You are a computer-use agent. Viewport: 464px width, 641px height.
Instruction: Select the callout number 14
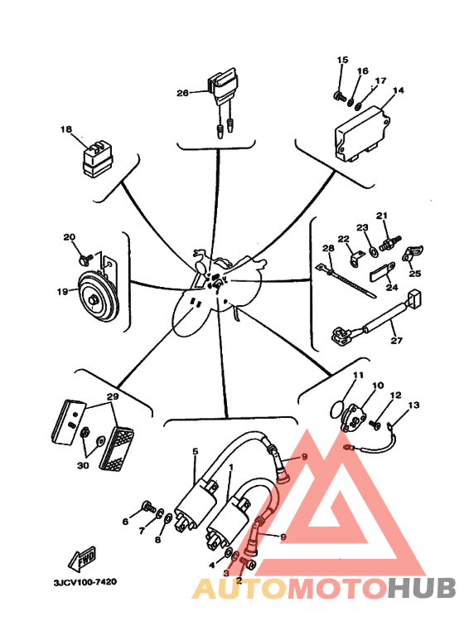coord(398,90)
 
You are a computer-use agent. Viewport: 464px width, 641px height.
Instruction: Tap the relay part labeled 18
coord(98,159)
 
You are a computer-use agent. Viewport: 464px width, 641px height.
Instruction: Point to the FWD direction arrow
coord(83,558)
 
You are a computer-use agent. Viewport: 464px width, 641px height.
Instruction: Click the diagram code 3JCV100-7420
coord(85,581)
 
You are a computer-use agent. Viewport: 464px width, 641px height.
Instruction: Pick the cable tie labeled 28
coord(346,279)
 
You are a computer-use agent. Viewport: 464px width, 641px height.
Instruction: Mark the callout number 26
coord(182,93)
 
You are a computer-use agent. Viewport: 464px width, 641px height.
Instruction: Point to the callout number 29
coord(113,396)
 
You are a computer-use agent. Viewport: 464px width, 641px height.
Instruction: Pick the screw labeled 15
coord(340,97)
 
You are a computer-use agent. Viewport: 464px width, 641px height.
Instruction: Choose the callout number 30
coord(83,465)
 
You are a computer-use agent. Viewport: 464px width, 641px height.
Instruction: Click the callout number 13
coord(413,405)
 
